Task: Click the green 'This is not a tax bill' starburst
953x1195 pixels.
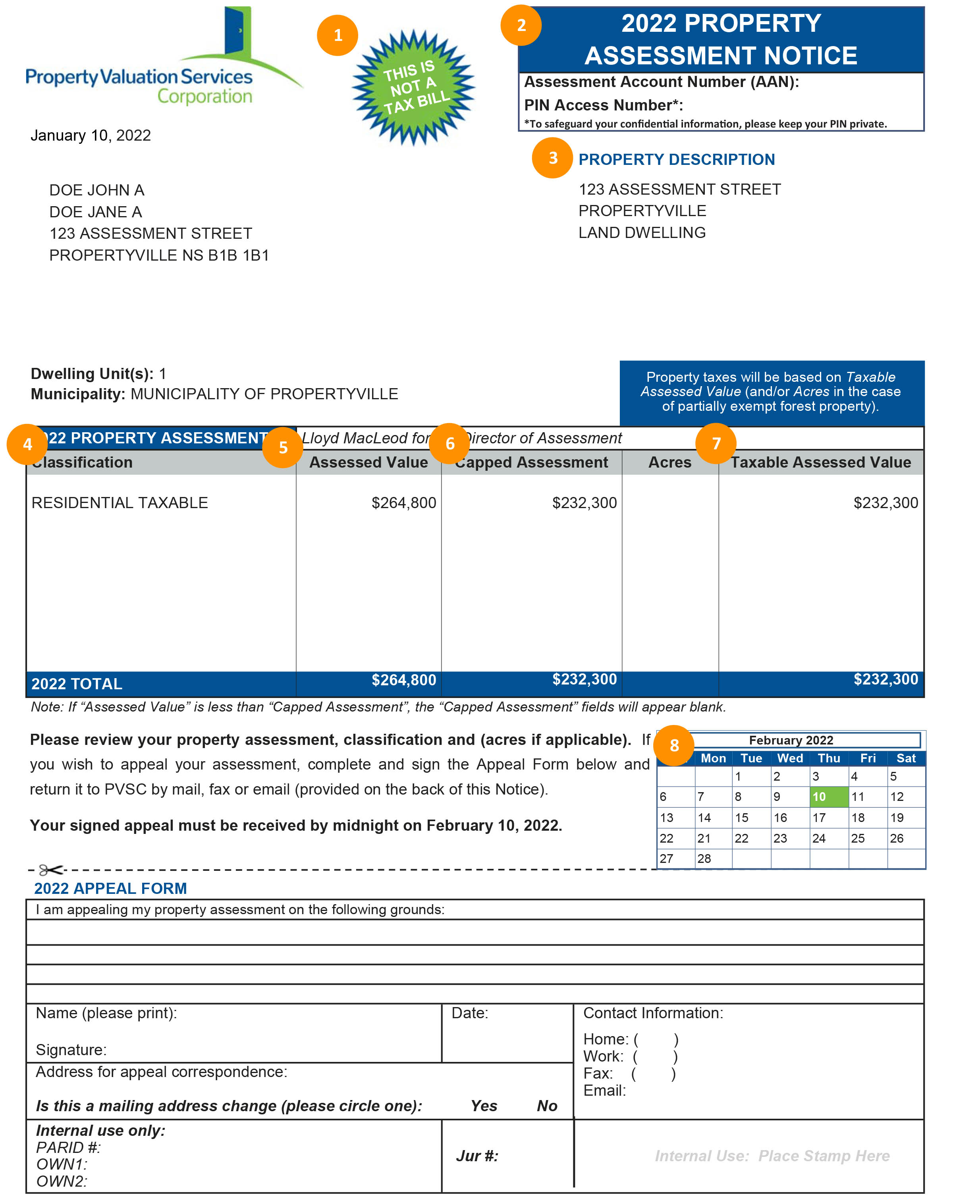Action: click(413, 87)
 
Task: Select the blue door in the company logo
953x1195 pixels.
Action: click(238, 31)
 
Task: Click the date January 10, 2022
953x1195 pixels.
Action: click(90, 135)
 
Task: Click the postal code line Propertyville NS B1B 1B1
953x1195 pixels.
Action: click(159, 255)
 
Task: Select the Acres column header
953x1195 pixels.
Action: click(669, 462)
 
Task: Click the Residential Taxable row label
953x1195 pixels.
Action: click(120, 503)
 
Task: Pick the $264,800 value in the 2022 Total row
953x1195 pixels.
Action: click(403, 680)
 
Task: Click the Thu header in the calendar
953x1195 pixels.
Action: click(828, 758)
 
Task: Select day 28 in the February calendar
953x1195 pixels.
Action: click(704, 859)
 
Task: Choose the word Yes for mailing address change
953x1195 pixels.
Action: click(483, 1106)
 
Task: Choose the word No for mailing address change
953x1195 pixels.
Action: click(546, 1106)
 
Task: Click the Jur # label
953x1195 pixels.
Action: click(476, 1156)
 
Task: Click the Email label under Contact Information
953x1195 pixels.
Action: click(604, 1091)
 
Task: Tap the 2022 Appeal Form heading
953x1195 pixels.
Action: click(110, 888)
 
